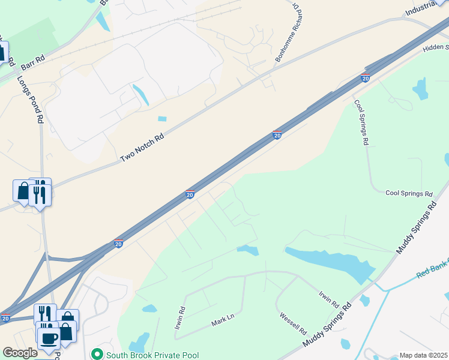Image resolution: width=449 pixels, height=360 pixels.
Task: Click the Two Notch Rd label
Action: pos(142,148)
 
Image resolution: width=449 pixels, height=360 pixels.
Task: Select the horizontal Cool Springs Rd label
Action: pos(409,194)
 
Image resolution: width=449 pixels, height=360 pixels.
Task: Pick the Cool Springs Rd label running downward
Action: pos(361,122)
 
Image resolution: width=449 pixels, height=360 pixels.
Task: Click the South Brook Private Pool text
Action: pos(152,355)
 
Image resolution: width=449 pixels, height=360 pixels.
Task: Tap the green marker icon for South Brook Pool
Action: pos(95,355)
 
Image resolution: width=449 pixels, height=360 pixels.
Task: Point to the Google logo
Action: pos(20,353)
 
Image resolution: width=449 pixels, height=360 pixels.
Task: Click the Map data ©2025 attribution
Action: pos(423,355)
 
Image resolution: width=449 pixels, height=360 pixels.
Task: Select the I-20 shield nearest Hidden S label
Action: pos(365,77)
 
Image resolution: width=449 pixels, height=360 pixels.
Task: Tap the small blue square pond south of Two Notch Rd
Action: pos(161,119)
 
